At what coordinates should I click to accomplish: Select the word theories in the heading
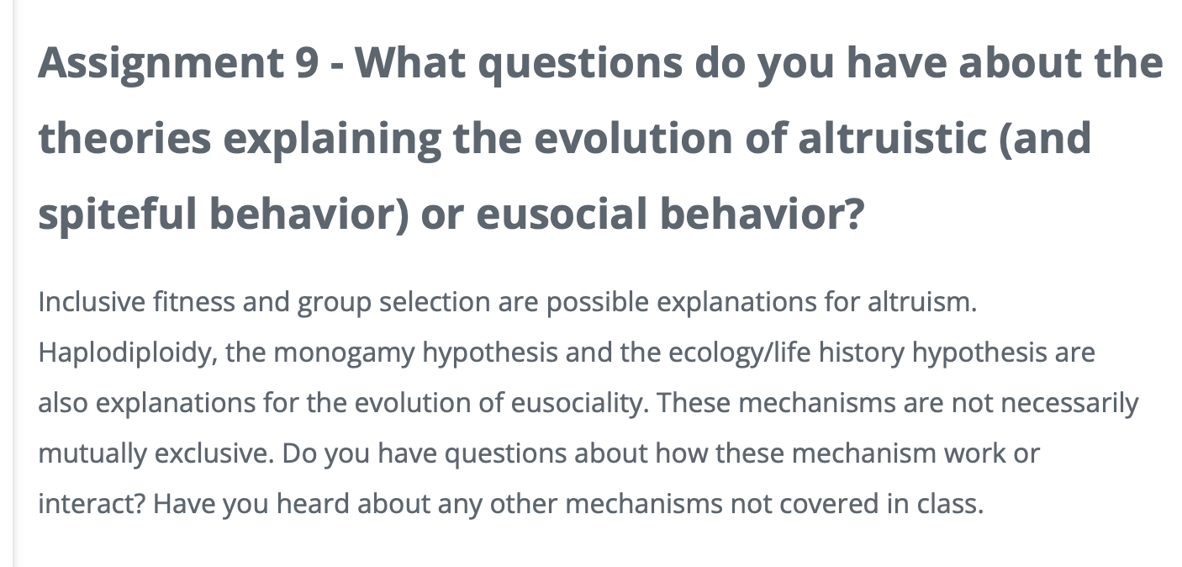point(124,138)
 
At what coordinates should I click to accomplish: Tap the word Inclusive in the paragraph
point(92,302)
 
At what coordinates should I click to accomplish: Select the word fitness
point(194,302)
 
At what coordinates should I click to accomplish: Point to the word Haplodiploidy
point(127,352)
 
